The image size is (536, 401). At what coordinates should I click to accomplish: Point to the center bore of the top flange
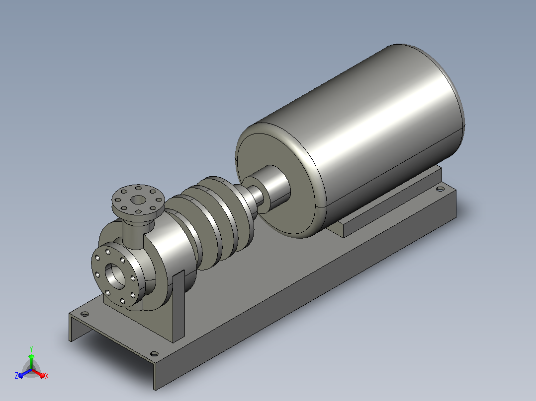click(138, 200)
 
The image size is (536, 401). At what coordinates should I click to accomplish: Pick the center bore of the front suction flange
click(114, 276)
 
